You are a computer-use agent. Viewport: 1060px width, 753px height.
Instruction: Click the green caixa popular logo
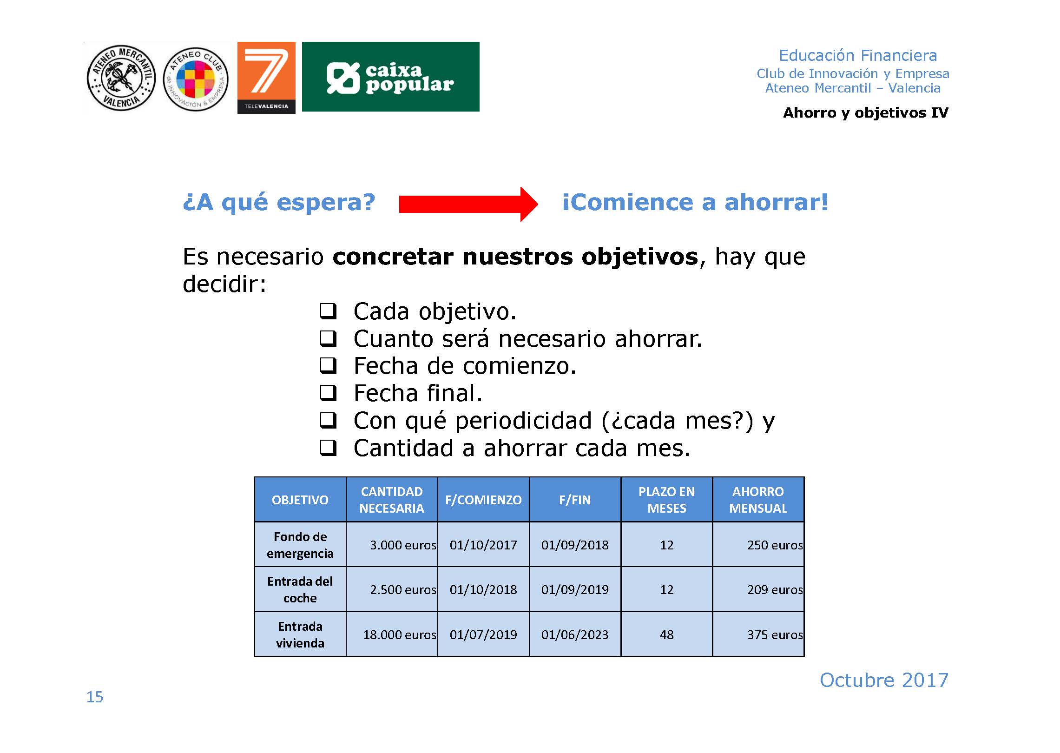[390, 77]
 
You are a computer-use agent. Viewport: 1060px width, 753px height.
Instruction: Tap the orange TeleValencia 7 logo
[266, 78]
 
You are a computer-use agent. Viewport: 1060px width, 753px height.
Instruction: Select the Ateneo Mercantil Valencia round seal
[121, 78]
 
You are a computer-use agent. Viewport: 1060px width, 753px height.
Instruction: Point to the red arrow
[468, 204]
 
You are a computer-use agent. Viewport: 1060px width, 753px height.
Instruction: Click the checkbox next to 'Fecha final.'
[328, 393]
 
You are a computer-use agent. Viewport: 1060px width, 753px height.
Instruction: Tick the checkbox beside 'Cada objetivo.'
[328, 311]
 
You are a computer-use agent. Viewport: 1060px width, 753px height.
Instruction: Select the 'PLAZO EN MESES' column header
[666, 500]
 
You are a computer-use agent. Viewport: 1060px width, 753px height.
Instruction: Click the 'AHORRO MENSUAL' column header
[758, 500]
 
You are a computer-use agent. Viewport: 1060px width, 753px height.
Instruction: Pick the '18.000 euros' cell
[392, 634]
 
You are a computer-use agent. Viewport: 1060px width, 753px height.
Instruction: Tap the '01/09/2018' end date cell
[575, 545]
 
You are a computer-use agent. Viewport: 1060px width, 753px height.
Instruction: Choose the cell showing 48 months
[666, 634]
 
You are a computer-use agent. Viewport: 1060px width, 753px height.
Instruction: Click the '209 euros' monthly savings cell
[758, 589]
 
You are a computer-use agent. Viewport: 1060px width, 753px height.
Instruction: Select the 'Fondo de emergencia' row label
[300, 545]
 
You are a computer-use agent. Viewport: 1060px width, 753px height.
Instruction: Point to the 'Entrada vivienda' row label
[300, 634]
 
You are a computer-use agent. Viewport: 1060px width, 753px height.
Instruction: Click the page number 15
[95, 697]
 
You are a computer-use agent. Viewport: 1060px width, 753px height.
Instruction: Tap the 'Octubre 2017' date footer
[884, 680]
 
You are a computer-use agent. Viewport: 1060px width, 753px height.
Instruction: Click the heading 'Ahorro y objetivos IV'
[866, 112]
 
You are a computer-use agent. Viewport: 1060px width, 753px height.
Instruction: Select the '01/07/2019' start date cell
[483, 634]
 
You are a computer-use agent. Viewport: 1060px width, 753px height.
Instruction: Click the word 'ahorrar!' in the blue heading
[776, 202]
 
